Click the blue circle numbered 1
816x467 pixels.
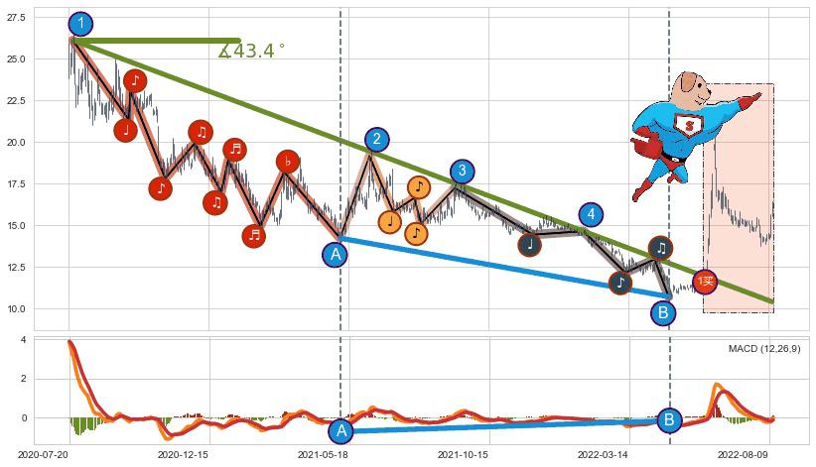[81, 25]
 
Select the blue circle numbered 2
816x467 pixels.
[376, 140]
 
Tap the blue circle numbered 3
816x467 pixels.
[462, 172]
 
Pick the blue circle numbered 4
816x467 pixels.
[591, 215]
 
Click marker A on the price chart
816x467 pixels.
[336, 255]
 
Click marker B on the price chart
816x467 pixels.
[663, 313]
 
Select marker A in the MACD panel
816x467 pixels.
[341, 430]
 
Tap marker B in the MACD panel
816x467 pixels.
[669, 419]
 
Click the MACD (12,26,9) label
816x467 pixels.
[764, 349]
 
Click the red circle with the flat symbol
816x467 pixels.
[287, 162]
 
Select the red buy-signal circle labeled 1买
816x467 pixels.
[705, 283]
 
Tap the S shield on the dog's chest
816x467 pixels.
[688, 125]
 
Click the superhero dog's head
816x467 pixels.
[691, 90]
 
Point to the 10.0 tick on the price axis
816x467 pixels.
[18, 308]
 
